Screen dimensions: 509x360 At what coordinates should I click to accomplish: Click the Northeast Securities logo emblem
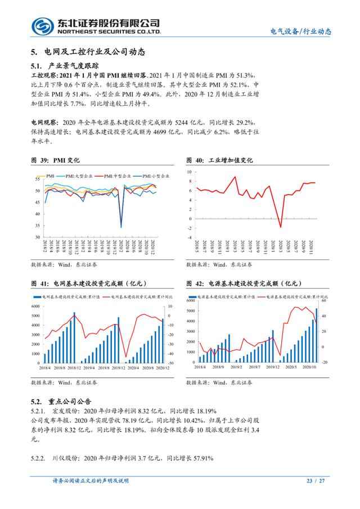(x=43, y=25)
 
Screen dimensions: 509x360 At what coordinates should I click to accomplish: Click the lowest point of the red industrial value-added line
(x=281, y=227)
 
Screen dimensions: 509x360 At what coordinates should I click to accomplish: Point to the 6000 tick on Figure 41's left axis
(x=35, y=306)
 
